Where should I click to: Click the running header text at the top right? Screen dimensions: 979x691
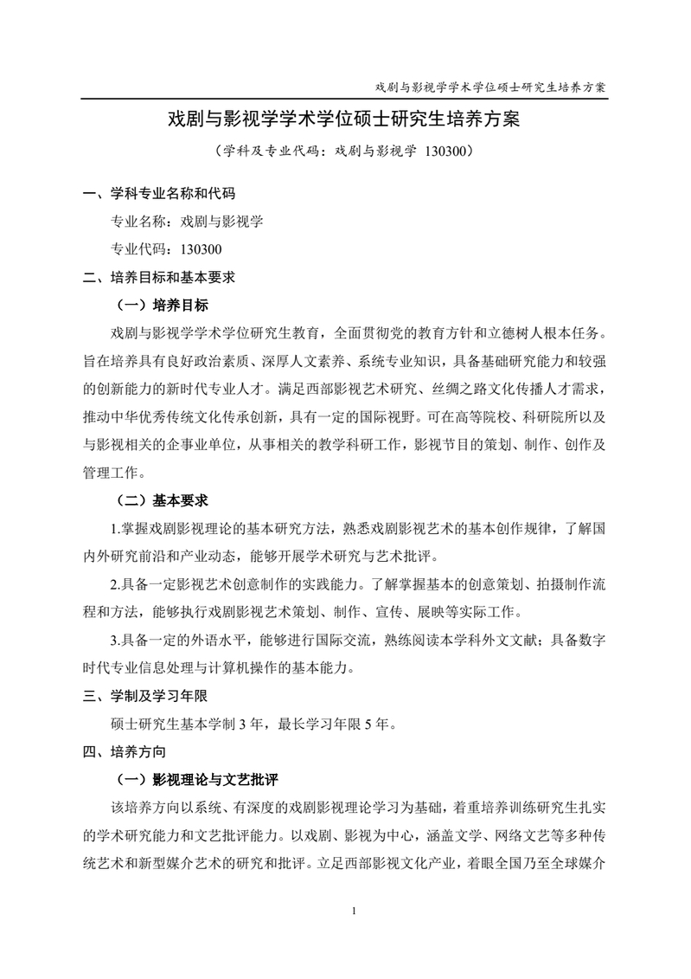tap(489, 87)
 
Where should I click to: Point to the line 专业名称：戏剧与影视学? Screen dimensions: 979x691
tap(187, 222)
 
